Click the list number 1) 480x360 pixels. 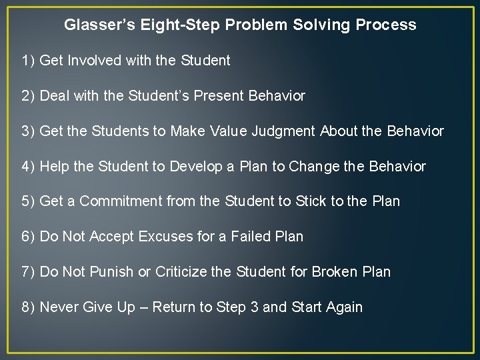(28, 61)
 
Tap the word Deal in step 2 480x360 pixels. (55, 96)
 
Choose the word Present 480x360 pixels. (219, 96)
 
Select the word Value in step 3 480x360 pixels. (229, 131)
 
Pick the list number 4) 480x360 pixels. (28, 167)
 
